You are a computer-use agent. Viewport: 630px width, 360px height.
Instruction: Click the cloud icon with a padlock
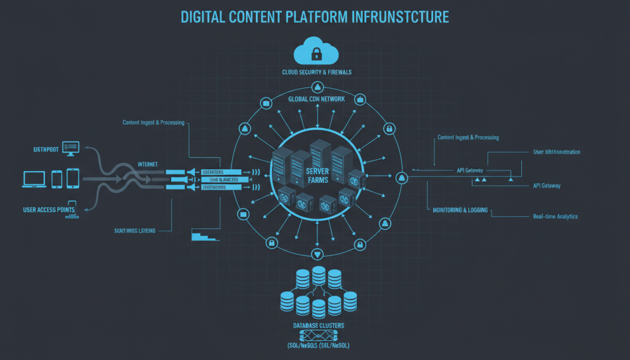[316, 51]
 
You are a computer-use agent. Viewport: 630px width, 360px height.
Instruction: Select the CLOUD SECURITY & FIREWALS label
[316, 73]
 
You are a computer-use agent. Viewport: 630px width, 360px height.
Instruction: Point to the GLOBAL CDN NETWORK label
[317, 98]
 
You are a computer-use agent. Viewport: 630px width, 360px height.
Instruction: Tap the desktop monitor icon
[71, 148]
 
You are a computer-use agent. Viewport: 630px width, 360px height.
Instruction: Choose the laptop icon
[34, 179]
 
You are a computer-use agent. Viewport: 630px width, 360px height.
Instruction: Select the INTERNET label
[148, 164]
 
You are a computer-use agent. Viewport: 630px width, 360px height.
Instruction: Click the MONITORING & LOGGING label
[460, 210]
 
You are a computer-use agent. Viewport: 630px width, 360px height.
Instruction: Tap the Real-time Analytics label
[555, 217]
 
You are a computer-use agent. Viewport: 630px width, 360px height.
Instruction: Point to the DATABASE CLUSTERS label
[318, 325]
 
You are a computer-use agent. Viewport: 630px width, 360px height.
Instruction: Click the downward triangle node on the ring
[317, 254]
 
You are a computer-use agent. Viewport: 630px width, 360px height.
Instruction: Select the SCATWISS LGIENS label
[135, 230]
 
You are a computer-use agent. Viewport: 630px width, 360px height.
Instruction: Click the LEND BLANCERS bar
[222, 179]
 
